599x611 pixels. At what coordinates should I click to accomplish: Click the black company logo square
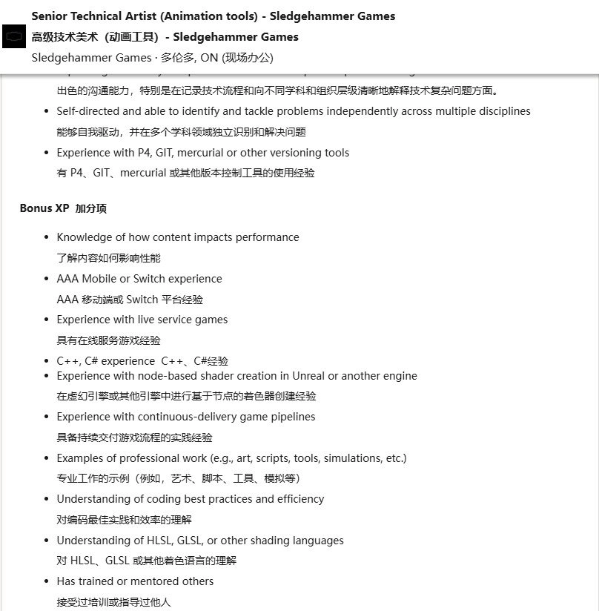[14, 36]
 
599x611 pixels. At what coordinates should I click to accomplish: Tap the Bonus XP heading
[44, 208]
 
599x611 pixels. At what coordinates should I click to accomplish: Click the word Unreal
[308, 376]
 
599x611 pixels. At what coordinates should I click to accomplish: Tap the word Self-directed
[88, 111]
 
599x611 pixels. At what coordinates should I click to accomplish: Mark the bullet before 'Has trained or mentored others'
[47, 581]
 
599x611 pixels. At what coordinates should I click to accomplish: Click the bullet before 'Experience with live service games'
[47, 320]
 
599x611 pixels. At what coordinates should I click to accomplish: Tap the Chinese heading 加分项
[90, 208]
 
